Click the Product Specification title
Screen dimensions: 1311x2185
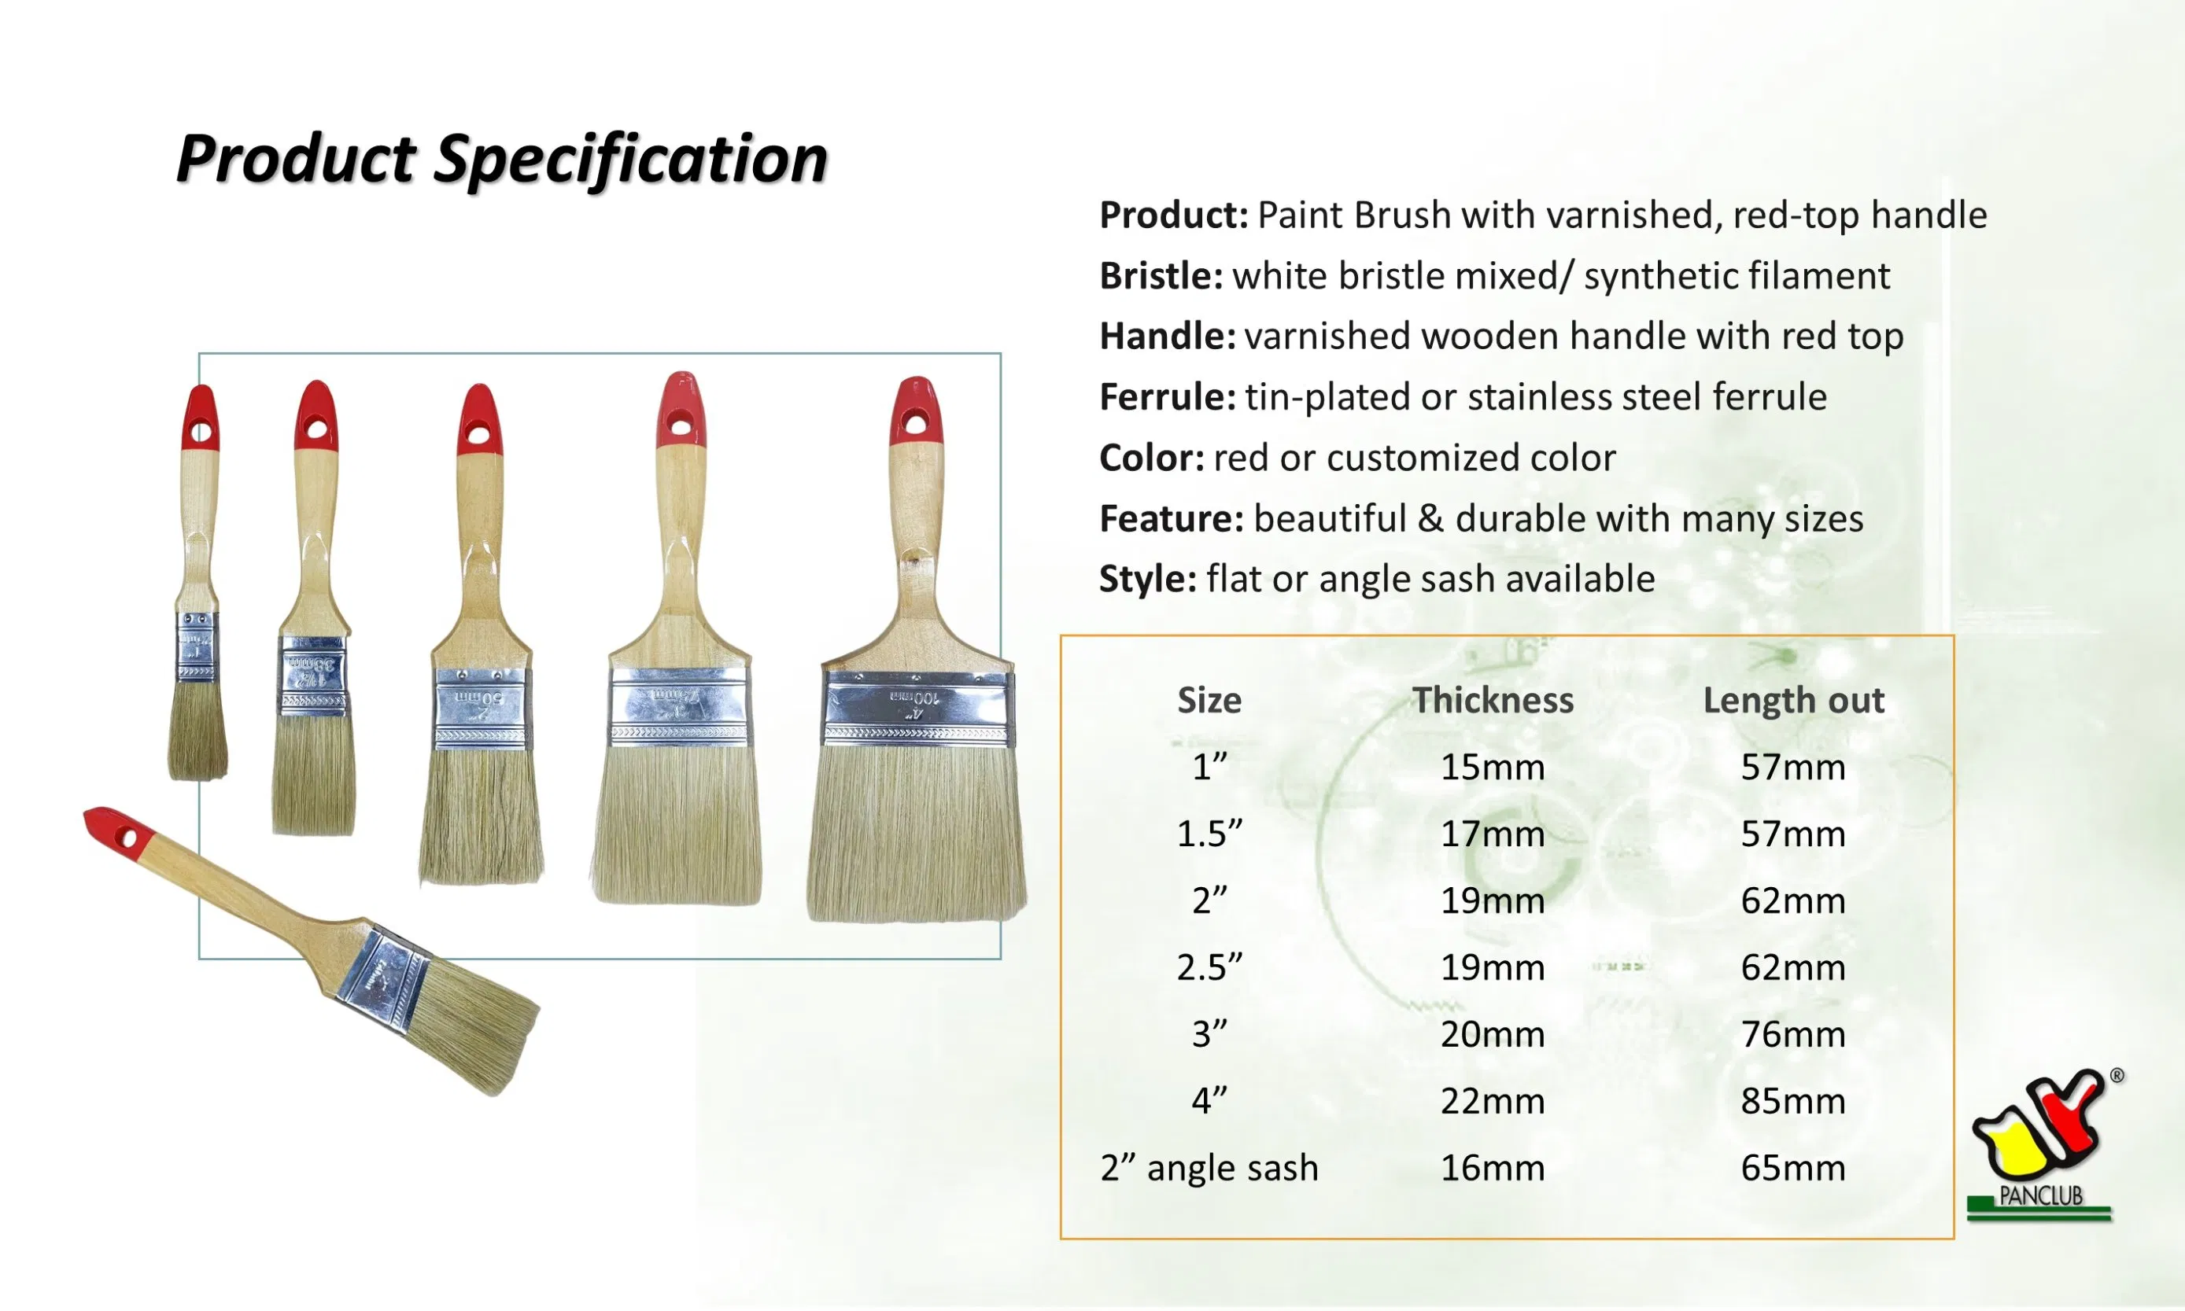tap(501, 159)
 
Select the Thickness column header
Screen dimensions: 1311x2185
tap(1492, 700)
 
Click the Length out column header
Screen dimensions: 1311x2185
tap(1792, 700)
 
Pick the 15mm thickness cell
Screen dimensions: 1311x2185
tap(1492, 767)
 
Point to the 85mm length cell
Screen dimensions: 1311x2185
tap(1792, 1101)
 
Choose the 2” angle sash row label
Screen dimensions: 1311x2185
tap(1209, 1168)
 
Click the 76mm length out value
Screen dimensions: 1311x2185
tap(1792, 1033)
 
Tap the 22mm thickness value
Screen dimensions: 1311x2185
tap(1492, 1101)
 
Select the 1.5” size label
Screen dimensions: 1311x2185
tap(1209, 834)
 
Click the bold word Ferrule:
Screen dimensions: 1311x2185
tap(1167, 396)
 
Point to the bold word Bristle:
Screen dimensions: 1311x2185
tap(1161, 275)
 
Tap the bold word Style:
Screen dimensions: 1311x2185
tap(1147, 579)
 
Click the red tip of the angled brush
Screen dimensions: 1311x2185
tap(115, 829)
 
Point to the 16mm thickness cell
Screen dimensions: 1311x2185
tap(1492, 1168)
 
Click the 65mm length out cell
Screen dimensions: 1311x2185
tap(1792, 1168)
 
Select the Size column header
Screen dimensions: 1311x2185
tap(1209, 700)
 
